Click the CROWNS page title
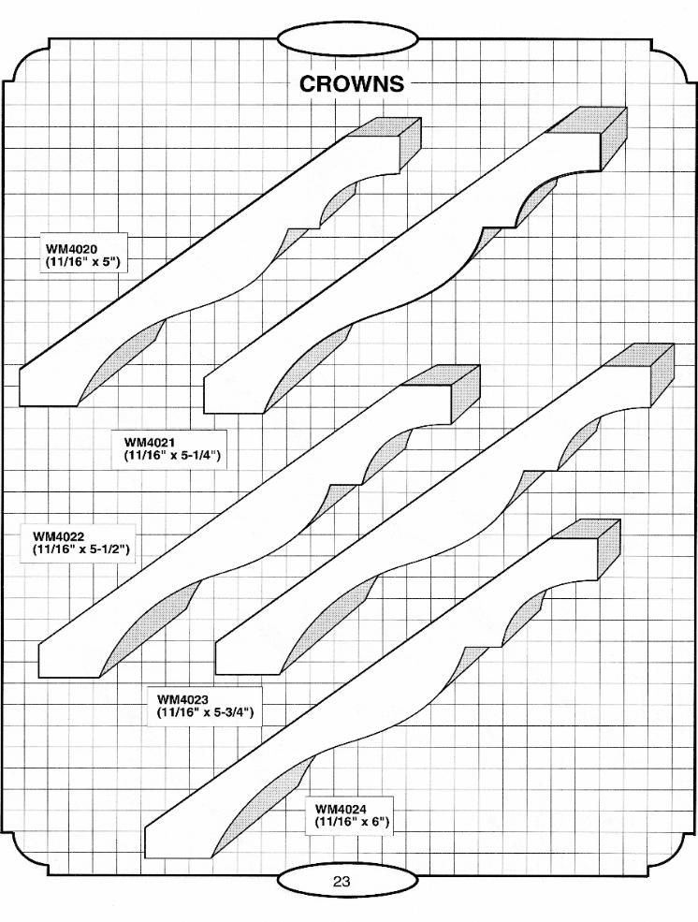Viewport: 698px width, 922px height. pos(352,84)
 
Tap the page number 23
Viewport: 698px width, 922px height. pos(341,881)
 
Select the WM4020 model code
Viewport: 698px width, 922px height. pos(68,249)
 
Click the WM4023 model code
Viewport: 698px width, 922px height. pos(182,699)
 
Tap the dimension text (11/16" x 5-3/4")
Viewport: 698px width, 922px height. pos(206,712)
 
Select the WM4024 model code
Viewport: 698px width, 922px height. pos(341,809)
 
